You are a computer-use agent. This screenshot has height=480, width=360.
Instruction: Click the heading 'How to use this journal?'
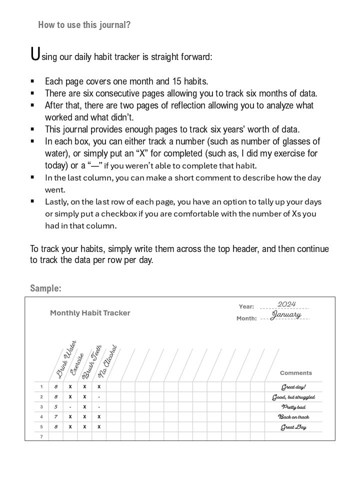coord(84,24)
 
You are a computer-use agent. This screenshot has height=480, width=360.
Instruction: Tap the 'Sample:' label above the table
coord(45,288)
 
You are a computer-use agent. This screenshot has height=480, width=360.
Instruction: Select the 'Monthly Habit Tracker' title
coord(90,313)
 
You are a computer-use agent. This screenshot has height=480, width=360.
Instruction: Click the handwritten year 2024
coord(286,304)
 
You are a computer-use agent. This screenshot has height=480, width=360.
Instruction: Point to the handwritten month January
coord(286,315)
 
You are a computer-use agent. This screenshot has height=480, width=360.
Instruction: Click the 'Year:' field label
coord(246,306)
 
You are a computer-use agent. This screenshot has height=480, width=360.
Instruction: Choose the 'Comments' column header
coord(295,373)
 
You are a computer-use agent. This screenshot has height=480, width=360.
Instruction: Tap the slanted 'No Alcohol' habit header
coord(107,361)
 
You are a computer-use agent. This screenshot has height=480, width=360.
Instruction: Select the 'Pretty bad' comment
coord(293,407)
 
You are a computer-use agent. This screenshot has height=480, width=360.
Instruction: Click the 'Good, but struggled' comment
coord(293,397)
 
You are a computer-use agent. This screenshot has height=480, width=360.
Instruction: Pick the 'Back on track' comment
coord(293,417)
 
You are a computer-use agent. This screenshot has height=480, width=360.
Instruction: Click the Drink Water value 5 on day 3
coord(55,407)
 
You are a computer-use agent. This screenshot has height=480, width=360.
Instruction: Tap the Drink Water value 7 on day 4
coord(55,417)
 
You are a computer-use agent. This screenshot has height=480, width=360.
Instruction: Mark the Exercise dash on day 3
coord(70,407)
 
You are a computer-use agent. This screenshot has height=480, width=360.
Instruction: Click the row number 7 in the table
coord(41,436)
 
